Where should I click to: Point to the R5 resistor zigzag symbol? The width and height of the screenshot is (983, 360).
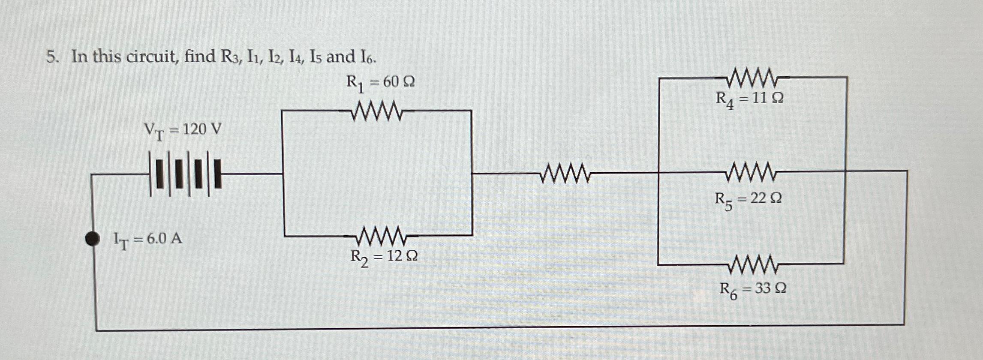(752, 172)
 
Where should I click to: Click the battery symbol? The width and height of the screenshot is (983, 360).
(185, 174)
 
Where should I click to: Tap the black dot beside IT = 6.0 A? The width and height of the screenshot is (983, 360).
(92, 239)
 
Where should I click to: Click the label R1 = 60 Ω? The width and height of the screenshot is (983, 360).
(380, 82)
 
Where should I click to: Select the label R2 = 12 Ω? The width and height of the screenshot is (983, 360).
(384, 257)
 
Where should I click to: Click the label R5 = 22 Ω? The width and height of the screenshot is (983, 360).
(748, 199)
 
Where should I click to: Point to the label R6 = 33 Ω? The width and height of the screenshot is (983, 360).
(752, 289)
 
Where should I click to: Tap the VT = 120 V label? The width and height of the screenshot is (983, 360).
(183, 129)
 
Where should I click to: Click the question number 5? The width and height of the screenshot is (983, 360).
(51, 57)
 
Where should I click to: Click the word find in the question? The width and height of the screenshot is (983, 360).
(200, 57)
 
